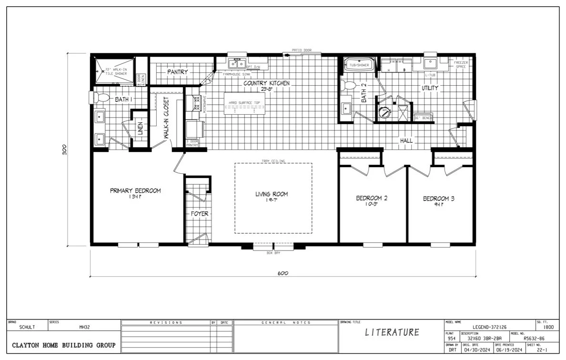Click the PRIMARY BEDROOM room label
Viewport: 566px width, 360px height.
click(135, 190)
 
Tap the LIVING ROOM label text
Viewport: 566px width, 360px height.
click(272, 194)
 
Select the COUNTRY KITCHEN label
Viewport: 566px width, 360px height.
click(266, 83)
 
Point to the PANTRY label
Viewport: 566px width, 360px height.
click(177, 72)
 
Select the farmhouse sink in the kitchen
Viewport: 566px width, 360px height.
click(236, 63)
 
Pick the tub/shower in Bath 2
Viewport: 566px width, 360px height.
click(359, 65)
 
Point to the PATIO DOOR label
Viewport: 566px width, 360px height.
click(302, 50)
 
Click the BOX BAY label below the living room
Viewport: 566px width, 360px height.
click(273, 253)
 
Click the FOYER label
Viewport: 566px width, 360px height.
click(199, 214)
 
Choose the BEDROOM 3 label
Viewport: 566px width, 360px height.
click(438, 199)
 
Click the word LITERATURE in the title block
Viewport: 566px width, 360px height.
click(392, 332)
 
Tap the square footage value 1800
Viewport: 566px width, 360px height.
click(548, 328)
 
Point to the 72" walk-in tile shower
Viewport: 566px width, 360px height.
click(113, 71)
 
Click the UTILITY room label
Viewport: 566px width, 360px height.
click(429, 88)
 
